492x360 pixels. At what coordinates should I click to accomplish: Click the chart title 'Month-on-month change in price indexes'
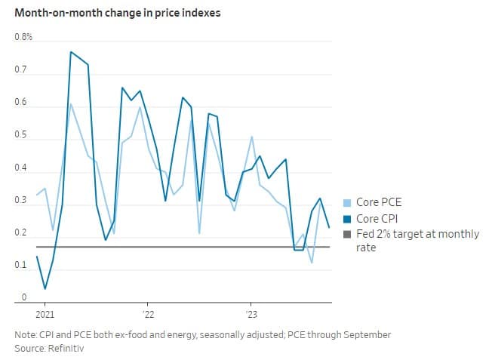pyautogui.click(x=117, y=14)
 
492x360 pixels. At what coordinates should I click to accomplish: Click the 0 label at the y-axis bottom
pyautogui.click(x=24, y=298)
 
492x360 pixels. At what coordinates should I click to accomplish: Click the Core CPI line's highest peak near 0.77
pyautogui.click(x=70, y=52)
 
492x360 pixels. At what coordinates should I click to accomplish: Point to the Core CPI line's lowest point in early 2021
pyautogui.click(x=45, y=288)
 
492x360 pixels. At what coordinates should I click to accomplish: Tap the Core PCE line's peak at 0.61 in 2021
pyautogui.click(x=70, y=103)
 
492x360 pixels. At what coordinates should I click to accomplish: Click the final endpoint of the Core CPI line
pyautogui.click(x=329, y=226)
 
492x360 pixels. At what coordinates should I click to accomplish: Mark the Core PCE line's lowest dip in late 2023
pyautogui.click(x=312, y=263)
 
